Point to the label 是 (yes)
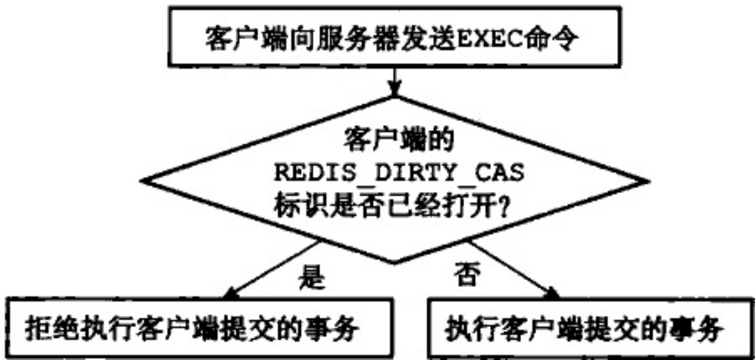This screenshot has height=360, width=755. coord(312,275)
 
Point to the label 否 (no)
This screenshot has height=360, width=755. coord(466,275)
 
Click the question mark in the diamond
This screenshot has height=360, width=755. coord(501,207)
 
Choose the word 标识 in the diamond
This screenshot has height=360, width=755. coord(294,207)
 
